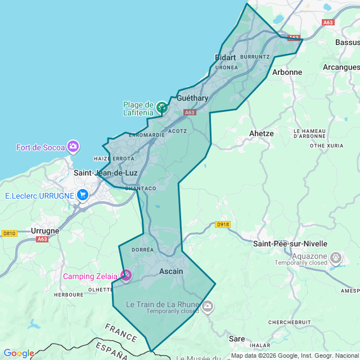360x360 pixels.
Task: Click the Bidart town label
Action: (x=226, y=57)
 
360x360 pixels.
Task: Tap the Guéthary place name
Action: (x=192, y=98)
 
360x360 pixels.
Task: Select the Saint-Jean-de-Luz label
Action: (x=106, y=173)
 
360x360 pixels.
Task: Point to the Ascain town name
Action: (x=172, y=271)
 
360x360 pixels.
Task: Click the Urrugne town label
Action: (x=44, y=231)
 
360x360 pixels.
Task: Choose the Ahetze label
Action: (x=261, y=133)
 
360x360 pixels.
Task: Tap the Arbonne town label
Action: (x=287, y=72)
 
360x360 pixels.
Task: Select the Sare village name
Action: (x=237, y=339)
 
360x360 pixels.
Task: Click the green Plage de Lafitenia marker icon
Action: (x=162, y=107)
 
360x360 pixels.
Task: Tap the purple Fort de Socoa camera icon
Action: (x=73, y=147)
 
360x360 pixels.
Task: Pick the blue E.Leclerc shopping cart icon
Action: (x=83, y=195)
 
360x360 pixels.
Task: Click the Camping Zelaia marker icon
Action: (x=127, y=275)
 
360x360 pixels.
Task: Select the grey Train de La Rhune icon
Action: (x=208, y=306)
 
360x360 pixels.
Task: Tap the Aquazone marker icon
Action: (x=336, y=257)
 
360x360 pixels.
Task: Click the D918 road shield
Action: (x=223, y=224)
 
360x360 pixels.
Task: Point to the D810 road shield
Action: (x=10, y=233)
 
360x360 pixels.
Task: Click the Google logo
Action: (x=18, y=353)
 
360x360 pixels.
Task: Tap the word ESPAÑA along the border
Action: (x=111, y=350)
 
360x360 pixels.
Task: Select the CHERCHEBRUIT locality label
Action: (x=290, y=322)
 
